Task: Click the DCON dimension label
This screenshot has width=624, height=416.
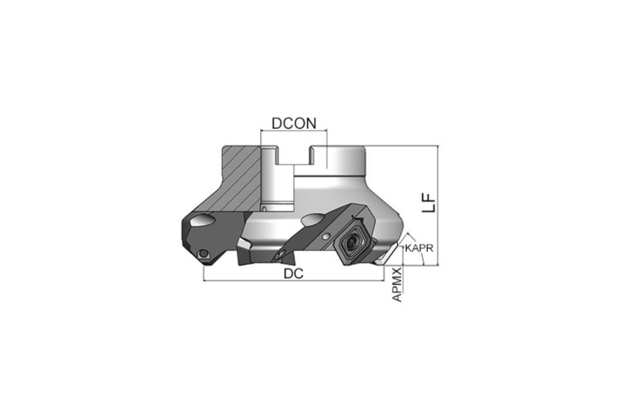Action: [294, 124]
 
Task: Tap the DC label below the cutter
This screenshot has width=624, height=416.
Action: [293, 274]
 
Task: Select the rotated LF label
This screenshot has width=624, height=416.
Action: [428, 203]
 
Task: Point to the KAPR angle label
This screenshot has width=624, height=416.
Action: [419, 248]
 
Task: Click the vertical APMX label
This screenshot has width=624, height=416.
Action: [397, 284]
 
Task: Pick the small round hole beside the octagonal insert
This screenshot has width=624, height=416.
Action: [325, 237]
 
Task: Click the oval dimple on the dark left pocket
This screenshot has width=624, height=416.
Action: [202, 220]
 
